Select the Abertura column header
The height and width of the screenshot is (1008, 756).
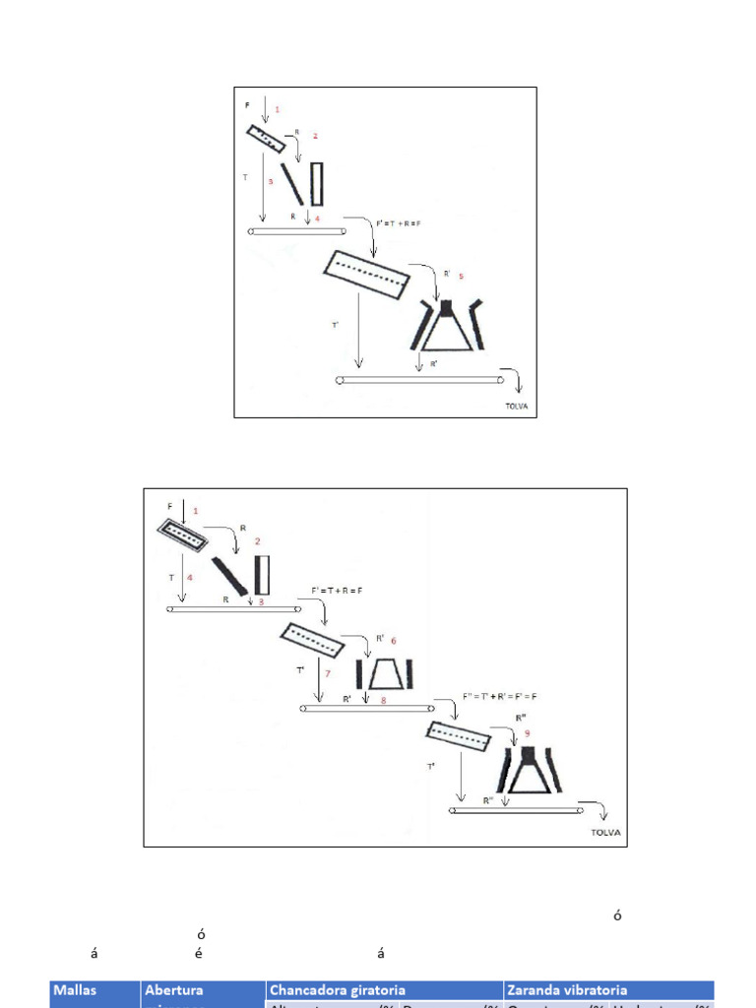click(174, 990)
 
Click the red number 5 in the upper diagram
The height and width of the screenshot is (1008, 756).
click(461, 276)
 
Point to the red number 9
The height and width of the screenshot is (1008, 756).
click(528, 733)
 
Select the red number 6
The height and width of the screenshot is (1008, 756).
click(394, 639)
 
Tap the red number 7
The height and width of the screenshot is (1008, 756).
click(328, 674)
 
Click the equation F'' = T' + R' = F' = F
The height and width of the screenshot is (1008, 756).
click(499, 696)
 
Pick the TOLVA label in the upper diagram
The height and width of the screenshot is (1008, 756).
click(512, 405)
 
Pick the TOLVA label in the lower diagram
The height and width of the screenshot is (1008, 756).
click(605, 832)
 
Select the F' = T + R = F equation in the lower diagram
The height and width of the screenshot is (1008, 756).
click(345, 592)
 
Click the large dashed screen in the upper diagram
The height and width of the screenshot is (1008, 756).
click(366, 273)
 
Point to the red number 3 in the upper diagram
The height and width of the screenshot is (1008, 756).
click(271, 181)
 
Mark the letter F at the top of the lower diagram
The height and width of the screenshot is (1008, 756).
click(169, 506)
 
